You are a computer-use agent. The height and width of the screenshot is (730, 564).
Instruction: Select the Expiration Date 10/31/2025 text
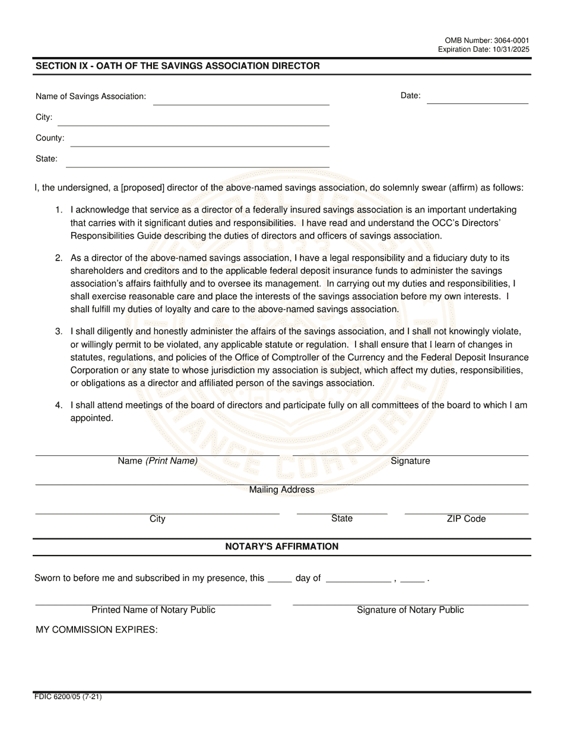point(484,49)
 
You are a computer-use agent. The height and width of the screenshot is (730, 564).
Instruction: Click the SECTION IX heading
point(178,66)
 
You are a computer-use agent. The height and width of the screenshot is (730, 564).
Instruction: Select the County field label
point(50,138)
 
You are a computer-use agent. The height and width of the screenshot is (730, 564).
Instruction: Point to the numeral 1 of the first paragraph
point(58,210)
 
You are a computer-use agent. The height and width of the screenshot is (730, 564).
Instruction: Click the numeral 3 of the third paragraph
point(58,331)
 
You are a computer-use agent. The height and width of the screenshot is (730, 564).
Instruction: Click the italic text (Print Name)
point(172,461)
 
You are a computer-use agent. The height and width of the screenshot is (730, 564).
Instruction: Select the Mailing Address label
point(281,490)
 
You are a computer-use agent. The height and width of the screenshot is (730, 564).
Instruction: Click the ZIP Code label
point(466,519)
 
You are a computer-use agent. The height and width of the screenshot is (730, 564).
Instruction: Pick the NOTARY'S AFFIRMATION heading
point(282,547)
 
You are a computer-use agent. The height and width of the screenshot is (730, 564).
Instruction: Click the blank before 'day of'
point(280,580)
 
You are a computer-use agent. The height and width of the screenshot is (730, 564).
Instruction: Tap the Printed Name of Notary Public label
point(153,610)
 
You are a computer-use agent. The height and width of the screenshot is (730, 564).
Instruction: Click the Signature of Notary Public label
point(410,610)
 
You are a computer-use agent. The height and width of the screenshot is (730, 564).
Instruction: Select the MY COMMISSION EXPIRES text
point(97,630)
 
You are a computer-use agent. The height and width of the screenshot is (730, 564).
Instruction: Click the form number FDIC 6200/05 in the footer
point(68,697)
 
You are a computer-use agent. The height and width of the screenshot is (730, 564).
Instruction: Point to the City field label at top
point(44,117)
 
